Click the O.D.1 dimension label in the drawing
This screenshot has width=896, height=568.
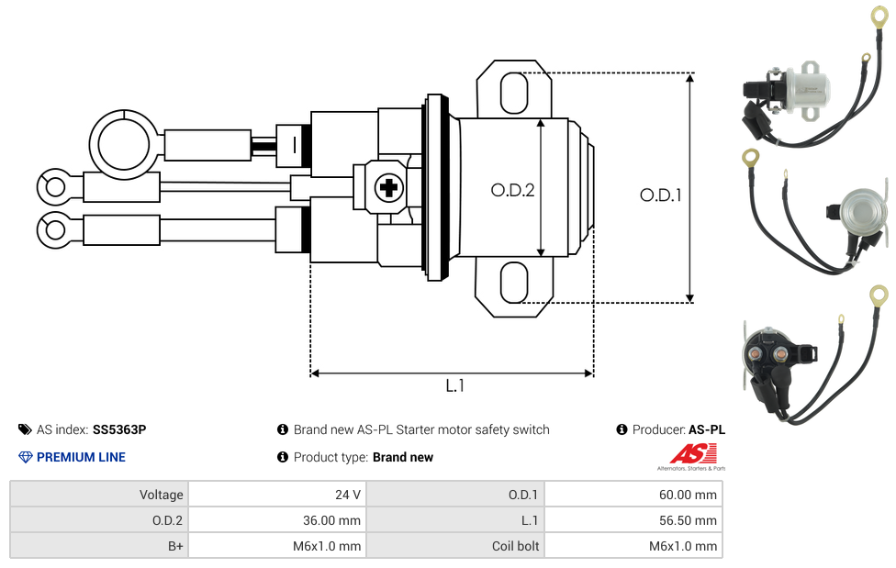coord(660,195)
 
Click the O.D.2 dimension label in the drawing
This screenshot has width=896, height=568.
coord(512,190)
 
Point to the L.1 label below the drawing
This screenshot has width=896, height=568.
coord(455,386)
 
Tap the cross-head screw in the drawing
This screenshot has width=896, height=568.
coord(388,188)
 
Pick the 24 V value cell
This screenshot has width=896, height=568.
coord(276,495)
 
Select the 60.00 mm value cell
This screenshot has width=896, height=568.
coord(633,495)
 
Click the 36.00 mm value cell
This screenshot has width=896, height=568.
coord(276,520)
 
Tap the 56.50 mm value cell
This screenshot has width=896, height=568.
coord(633,520)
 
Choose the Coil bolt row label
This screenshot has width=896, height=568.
coord(455,546)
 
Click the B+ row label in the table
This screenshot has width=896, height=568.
coord(98,546)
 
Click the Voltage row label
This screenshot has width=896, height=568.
coord(98,495)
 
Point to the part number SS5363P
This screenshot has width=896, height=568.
coord(119,429)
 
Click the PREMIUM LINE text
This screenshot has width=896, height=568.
coord(81,457)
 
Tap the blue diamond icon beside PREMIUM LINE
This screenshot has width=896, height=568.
coord(26,457)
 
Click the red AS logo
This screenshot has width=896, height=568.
coord(692,453)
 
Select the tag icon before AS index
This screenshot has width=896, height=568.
coord(25,429)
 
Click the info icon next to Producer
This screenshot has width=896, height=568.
coord(622,429)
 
